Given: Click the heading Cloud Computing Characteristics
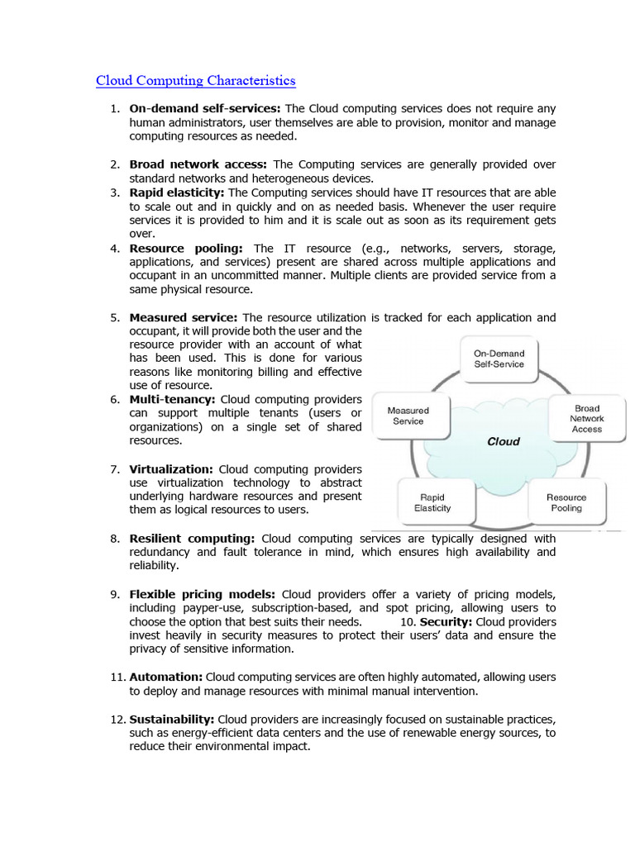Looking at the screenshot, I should pyautogui.click(x=195, y=81).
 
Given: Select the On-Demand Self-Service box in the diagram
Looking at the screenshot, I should pyautogui.click(x=499, y=359).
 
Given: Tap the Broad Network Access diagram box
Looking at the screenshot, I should pyautogui.click(x=586, y=418).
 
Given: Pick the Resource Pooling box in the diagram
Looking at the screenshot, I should pyautogui.click(x=566, y=502).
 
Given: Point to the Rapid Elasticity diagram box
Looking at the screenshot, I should pyautogui.click(x=432, y=502).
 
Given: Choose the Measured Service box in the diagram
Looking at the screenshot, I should pyautogui.click(x=408, y=416).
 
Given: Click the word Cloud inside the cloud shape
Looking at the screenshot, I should pyautogui.click(x=503, y=441).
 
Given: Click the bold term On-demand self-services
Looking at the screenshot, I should pyautogui.click(x=205, y=109).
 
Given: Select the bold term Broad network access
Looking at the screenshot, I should pyautogui.click(x=198, y=164).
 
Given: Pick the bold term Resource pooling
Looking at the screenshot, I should pyautogui.click(x=186, y=248).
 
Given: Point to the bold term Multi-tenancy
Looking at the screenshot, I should pyautogui.click(x=172, y=399).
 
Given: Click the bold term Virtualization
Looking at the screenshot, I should pyautogui.click(x=171, y=468).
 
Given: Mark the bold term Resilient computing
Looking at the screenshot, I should pyautogui.click(x=192, y=538).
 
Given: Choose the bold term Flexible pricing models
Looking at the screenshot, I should pyautogui.click(x=203, y=594).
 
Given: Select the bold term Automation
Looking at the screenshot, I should pyautogui.click(x=165, y=677).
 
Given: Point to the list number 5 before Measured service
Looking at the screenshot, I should pyautogui.click(x=115, y=317).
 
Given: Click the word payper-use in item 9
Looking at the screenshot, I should pyautogui.click(x=200, y=608).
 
